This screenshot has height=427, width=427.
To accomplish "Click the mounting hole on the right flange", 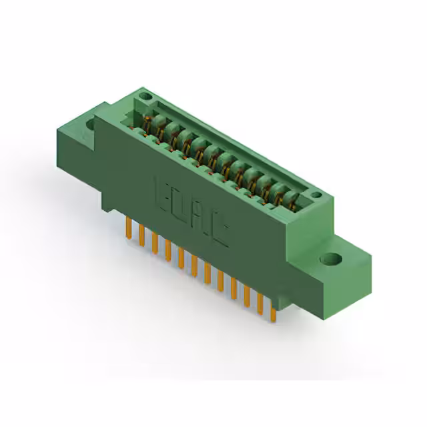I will (330, 258).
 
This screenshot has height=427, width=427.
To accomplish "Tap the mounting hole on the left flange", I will (91, 124).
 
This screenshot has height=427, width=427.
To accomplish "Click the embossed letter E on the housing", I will (163, 193).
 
